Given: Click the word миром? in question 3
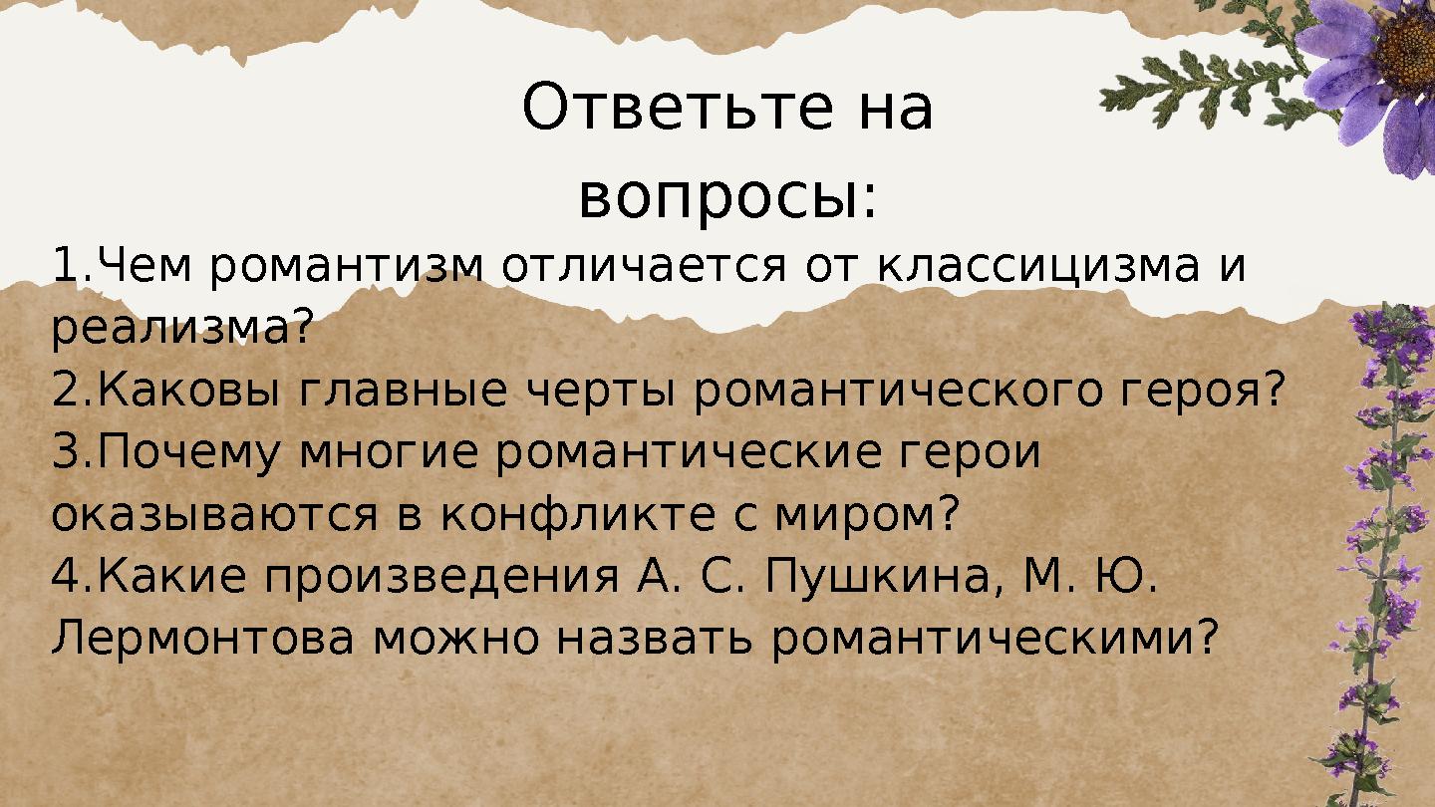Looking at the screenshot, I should tap(866, 515).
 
